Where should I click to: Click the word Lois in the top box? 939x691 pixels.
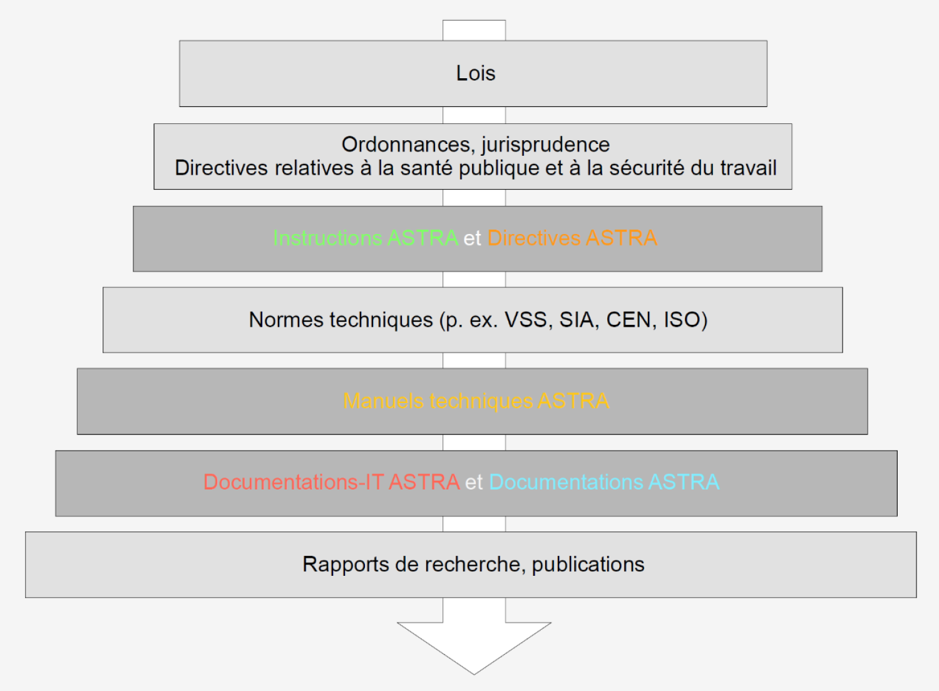(475, 73)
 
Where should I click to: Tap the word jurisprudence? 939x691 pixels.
(546, 145)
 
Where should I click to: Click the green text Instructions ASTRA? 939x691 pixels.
(366, 238)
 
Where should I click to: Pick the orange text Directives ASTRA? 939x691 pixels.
(572, 238)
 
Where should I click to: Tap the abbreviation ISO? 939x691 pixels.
(682, 320)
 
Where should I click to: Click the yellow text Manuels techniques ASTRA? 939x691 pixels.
(476, 401)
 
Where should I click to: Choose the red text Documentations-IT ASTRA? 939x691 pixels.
(332, 482)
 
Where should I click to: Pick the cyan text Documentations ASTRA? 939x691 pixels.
(604, 482)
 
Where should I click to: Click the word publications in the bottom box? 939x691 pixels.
(588, 565)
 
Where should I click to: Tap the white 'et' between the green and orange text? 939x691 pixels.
(473, 238)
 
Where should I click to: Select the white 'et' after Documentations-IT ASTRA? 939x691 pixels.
(474, 483)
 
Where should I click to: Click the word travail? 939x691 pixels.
(748, 168)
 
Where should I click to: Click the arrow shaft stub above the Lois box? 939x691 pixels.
(474, 30)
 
